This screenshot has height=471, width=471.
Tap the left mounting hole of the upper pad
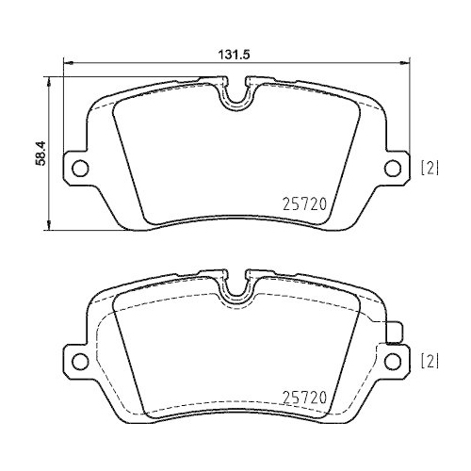(79, 169)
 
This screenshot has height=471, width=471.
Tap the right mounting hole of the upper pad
(392, 169)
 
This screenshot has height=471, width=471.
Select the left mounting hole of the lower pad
(79, 360)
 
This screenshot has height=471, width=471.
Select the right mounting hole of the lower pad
(392, 360)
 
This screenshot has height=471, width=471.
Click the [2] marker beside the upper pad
(429, 169)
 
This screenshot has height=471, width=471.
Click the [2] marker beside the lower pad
(429, 360)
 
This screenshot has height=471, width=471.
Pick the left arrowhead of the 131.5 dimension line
(67, 65)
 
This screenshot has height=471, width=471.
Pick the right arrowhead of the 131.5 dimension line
(405, 65)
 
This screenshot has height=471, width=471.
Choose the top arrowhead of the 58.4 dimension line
(49, 81)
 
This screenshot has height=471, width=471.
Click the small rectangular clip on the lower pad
(395, 331)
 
